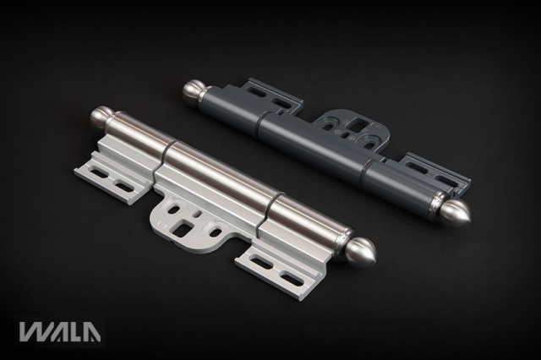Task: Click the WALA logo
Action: point(60,331)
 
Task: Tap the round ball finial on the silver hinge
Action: point(100,116)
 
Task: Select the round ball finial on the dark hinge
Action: point(193,90)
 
